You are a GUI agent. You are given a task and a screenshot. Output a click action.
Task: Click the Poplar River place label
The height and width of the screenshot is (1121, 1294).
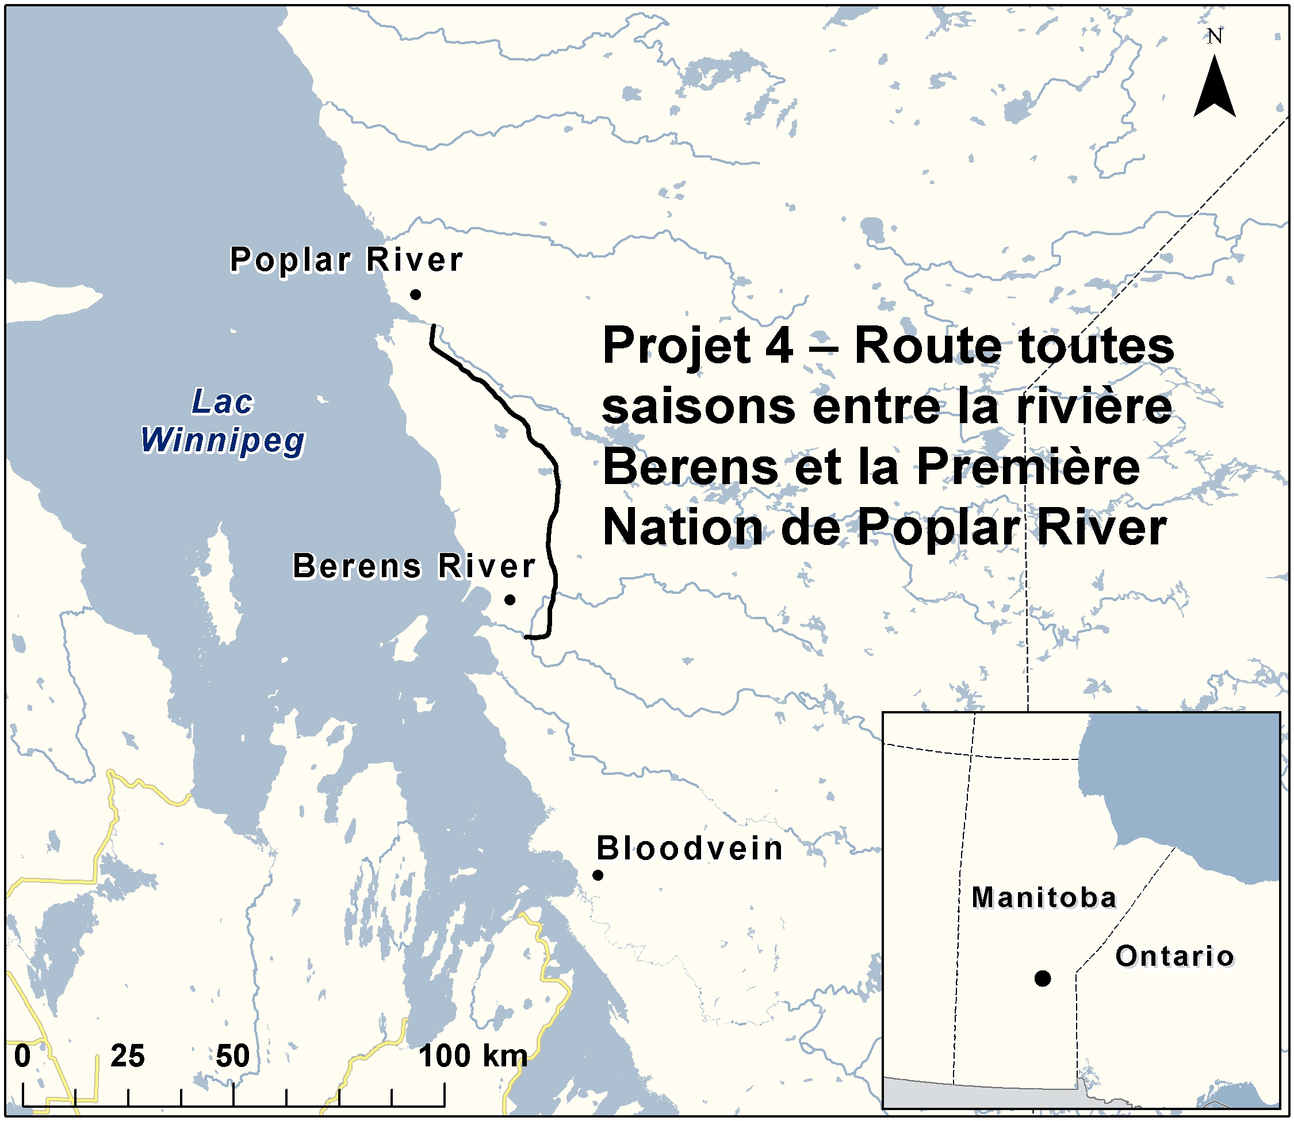tap(346, 260)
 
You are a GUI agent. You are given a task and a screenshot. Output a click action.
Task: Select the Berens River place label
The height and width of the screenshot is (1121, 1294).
tap(414, 566)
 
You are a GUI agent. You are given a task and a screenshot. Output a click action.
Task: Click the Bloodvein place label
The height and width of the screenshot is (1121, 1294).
tap(690, 849)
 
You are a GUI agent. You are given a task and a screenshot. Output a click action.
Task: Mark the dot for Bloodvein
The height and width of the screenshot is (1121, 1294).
tap(598, 875)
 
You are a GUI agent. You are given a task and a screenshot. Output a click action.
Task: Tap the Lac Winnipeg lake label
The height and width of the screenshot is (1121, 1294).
tap(223, 420)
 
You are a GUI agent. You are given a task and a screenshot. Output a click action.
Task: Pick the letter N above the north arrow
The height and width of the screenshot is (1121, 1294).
tap(1215, 37)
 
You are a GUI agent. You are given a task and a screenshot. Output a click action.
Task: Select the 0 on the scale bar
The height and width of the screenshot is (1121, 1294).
tap(22, 1057)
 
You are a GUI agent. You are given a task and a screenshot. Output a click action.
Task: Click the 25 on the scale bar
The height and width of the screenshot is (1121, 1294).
tap(128, 1057)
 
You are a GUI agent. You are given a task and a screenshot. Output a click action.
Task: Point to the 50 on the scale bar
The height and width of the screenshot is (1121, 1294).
tap(233, 1057)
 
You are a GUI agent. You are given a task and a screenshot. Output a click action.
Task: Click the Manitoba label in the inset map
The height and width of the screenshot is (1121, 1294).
tap(1044, 898)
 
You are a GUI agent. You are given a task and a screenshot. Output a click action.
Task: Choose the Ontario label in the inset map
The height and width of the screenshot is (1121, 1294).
tap(1174, 957)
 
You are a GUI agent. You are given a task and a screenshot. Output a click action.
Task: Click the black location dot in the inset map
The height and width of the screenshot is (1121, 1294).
tap(1043, 978)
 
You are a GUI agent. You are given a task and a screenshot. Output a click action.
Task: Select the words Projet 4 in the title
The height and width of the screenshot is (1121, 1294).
tap(698, 347)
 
